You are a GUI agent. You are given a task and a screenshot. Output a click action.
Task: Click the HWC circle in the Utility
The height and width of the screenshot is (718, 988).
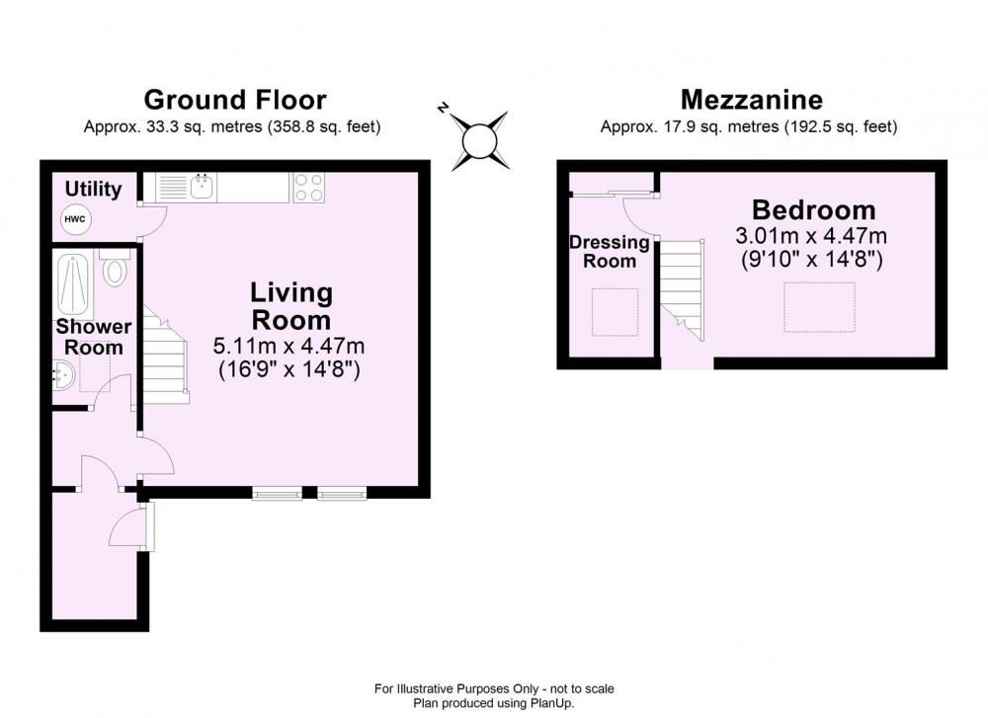pos(75,219)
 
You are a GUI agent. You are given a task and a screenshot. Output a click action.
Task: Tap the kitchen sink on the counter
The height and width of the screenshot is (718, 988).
pos(203,187)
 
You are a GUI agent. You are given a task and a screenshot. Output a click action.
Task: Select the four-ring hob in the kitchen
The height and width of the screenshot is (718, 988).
pos(308,187)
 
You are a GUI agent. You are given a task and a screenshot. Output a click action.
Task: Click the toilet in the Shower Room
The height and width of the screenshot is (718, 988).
pos(115,267)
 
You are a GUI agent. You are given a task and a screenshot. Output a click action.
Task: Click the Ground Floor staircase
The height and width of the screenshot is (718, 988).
pos(165,355)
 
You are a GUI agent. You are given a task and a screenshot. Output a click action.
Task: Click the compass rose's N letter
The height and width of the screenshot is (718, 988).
pos(444,108)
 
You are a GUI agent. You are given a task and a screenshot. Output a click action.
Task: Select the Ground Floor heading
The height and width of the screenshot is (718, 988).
pos(235,100)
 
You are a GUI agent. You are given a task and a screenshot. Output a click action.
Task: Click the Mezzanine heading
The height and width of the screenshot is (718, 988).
pos(752,100)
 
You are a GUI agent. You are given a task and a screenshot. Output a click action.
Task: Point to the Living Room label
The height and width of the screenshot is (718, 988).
pos(291,306)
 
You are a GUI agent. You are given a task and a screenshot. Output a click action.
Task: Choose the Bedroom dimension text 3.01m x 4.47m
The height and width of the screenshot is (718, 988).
pos(811,236)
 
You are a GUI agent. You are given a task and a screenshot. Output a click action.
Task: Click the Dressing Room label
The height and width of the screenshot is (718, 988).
pos(610,251)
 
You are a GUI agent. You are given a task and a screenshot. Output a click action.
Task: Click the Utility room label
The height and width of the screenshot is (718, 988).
pos(93,189)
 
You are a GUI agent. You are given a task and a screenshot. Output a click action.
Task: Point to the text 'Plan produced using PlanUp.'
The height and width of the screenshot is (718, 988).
pos(494,703)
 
